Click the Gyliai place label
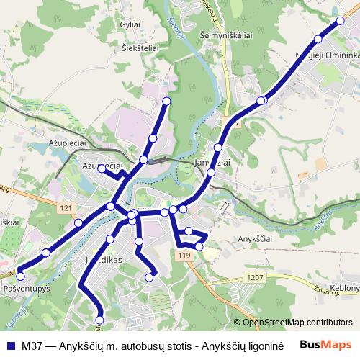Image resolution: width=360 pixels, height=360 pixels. point(130,24)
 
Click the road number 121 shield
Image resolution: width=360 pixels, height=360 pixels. point(67,207)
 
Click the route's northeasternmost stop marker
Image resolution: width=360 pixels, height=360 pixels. point(341,21)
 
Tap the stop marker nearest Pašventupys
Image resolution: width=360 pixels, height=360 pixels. point(21,275)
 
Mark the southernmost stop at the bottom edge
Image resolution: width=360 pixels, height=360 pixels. point(99,320)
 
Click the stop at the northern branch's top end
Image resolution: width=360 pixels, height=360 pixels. point(167,101)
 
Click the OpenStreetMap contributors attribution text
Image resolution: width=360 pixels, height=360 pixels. point(297,323)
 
